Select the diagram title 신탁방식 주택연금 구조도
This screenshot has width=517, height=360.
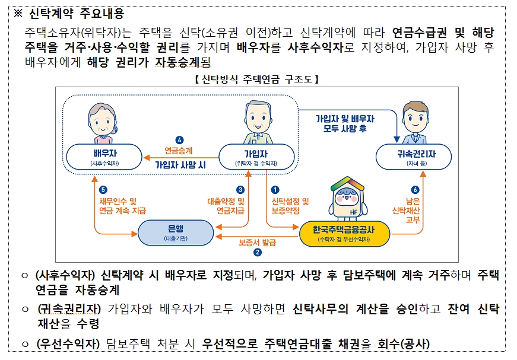[x=257, y=78]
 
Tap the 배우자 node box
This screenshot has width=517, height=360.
[x=104, y=157]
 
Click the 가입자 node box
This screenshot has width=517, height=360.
[x=256, y=157]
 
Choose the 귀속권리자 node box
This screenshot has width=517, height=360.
[x=413, y=157]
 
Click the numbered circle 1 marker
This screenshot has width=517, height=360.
[x=275, y=190]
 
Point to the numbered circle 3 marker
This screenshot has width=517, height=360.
[x=240, y=190]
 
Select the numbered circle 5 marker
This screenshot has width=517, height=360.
[x=103, y=190]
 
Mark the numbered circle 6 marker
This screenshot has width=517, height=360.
[x=415, y=190]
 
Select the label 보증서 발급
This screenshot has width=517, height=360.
[x=257, y=242]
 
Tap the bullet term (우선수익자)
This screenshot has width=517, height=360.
[x=68, y=344]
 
